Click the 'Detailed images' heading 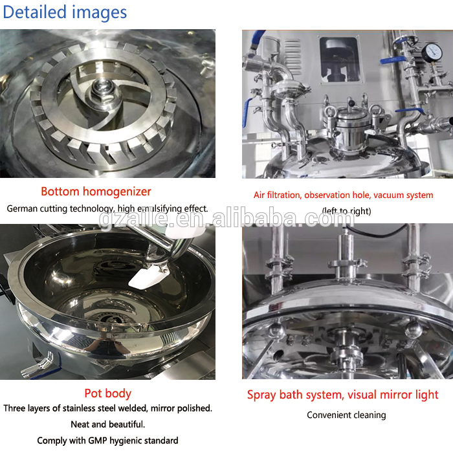(x=65, y=12)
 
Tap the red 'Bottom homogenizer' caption (x=96, y=192)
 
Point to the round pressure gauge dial (x=432, y=52)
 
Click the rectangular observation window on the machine (x=340, y=60)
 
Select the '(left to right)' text (x=346, y=211)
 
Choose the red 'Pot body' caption (x=108, y=393)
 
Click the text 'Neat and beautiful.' (x=108, y=425)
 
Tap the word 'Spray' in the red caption (x=261, y=395)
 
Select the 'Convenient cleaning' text (x=346, y=415)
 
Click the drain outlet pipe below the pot (x=37, y=365)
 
